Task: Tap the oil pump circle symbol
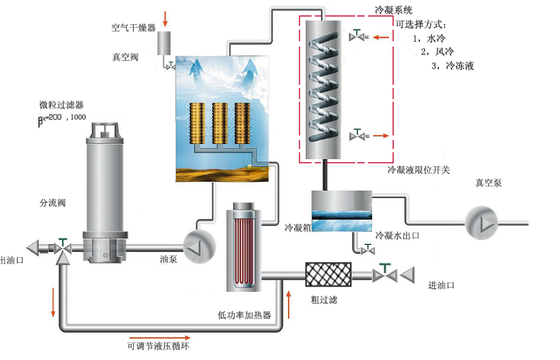(x=200, y=247)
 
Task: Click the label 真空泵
(x=488, y=183)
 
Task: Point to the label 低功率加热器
(x=244, y=315)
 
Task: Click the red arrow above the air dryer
(x=165, y=19)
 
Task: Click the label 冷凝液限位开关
(x=418, y=170)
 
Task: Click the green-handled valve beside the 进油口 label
(x=386, y=274)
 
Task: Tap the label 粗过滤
(x=324, y=300)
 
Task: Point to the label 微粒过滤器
(x=62, y=104)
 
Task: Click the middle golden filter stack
(x=220, y=124)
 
